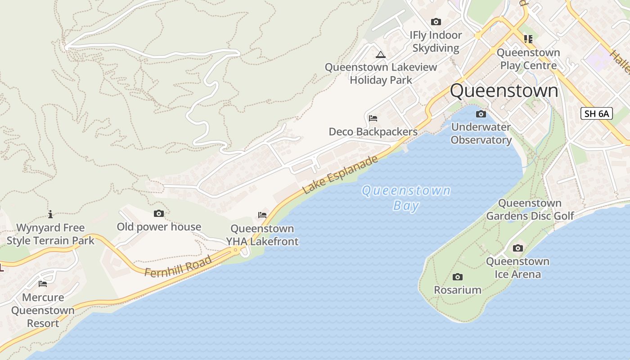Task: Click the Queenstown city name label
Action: coord(504,91)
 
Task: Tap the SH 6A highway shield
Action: coord(597,113)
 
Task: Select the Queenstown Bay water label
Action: coord(406,198)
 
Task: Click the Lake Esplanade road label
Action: coord(340,175)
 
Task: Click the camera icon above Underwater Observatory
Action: coord(481,114)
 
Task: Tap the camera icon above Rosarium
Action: coord(458,277)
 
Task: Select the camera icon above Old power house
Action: coord(159,214)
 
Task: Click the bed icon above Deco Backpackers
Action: coord(373,119)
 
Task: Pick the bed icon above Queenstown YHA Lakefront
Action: coord(262,216)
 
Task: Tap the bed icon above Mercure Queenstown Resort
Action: coord(43,284)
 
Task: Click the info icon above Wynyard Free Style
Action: coord(50,214)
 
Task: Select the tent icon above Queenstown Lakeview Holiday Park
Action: coord(381,55)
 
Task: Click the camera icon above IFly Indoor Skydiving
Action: coord(436,22)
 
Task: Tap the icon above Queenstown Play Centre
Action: coord(528,39)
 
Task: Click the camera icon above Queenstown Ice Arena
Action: coord(518,248)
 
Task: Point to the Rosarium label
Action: coord(458,290)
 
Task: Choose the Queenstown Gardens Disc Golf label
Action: coord(530,210)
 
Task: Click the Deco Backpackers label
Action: coord(373,132)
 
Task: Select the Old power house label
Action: coord(159,227)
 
